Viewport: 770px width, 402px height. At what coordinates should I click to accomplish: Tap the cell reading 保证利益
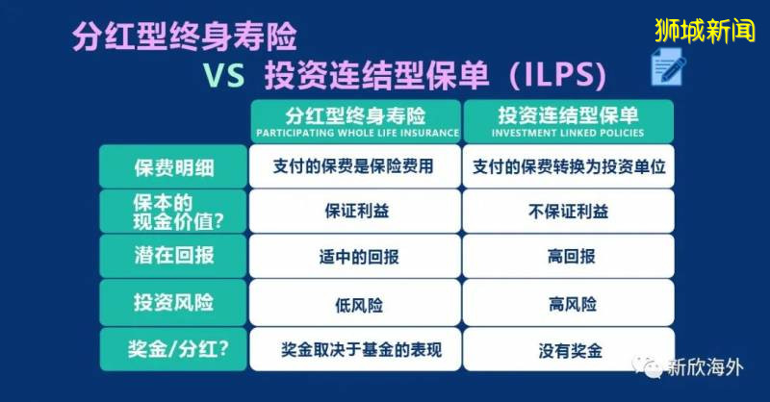353,212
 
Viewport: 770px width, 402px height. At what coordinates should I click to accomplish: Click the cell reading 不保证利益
569,212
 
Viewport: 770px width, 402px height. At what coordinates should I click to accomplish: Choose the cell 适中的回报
353,258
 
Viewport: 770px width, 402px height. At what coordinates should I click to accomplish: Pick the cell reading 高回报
569,258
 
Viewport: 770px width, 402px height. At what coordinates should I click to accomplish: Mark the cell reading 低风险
353,305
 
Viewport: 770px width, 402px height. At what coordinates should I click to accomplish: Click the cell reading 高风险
569,305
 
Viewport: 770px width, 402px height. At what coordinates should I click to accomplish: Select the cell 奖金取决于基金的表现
353,350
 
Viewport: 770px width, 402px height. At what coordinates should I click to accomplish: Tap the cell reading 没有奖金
569,350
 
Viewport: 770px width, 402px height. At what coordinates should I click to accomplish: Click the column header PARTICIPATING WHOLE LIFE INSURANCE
353,119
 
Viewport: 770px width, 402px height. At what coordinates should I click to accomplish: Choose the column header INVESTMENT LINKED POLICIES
569,119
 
